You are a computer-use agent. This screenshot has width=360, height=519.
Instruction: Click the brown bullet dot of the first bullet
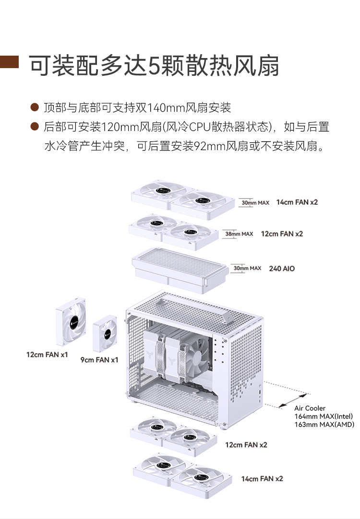[x=34, y=106]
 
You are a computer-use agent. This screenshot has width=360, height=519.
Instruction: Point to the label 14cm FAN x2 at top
[x=297, y=202]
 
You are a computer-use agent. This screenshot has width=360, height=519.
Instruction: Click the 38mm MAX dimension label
[x=239, y=234]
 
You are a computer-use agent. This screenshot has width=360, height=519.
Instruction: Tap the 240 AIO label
[x=282, y=269]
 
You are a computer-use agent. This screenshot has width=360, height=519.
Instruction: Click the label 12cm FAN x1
[x=47, y=355]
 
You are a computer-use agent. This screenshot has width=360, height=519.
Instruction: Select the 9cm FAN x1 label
[x=99, y=359]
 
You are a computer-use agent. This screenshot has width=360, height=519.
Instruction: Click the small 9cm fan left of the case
[x=105, y=333]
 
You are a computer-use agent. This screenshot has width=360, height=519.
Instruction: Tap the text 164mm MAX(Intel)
[x=324, y=416]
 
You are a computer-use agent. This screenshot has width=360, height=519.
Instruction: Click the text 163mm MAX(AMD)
[x=324, y=425]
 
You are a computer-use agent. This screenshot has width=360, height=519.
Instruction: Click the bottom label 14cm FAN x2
[x=262, y=479]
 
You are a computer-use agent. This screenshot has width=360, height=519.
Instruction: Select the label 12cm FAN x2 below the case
[x=246, y=445]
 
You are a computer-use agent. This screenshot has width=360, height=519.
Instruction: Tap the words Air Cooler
[x=310, y=408]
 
